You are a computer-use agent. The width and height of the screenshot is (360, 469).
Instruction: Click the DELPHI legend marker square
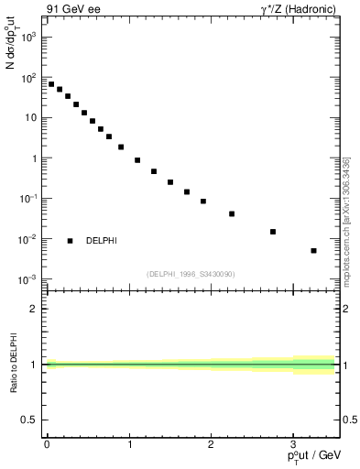pyautogui.click(x=70, y=241)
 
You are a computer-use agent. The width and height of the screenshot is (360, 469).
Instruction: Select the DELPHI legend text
pyautogui.click(x=101, y=241)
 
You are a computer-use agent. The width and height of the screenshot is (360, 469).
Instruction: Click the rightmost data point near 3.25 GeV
pyautogui.click(x=313, y=250)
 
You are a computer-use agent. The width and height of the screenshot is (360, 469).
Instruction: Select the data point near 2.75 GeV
pyautogui.click(x=273, y=232)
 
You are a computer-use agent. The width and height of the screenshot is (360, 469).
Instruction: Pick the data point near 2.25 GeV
pyautogui.click(x=232, y=213)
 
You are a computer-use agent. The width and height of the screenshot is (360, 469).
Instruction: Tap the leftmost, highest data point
pyautogui.click(x=51, y=84)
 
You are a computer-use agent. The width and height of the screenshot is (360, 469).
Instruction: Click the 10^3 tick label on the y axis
pyautogui.click(x=28, y=38)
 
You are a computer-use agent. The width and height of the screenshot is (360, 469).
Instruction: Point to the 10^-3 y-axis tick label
pyautogui.click(x=28, y=278)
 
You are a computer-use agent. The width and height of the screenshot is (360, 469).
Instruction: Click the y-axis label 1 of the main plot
pyautogui.click(x=34, y=158)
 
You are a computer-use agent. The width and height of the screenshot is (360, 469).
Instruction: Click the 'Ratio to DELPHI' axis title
pyautogui.click(x=14, y=364)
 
